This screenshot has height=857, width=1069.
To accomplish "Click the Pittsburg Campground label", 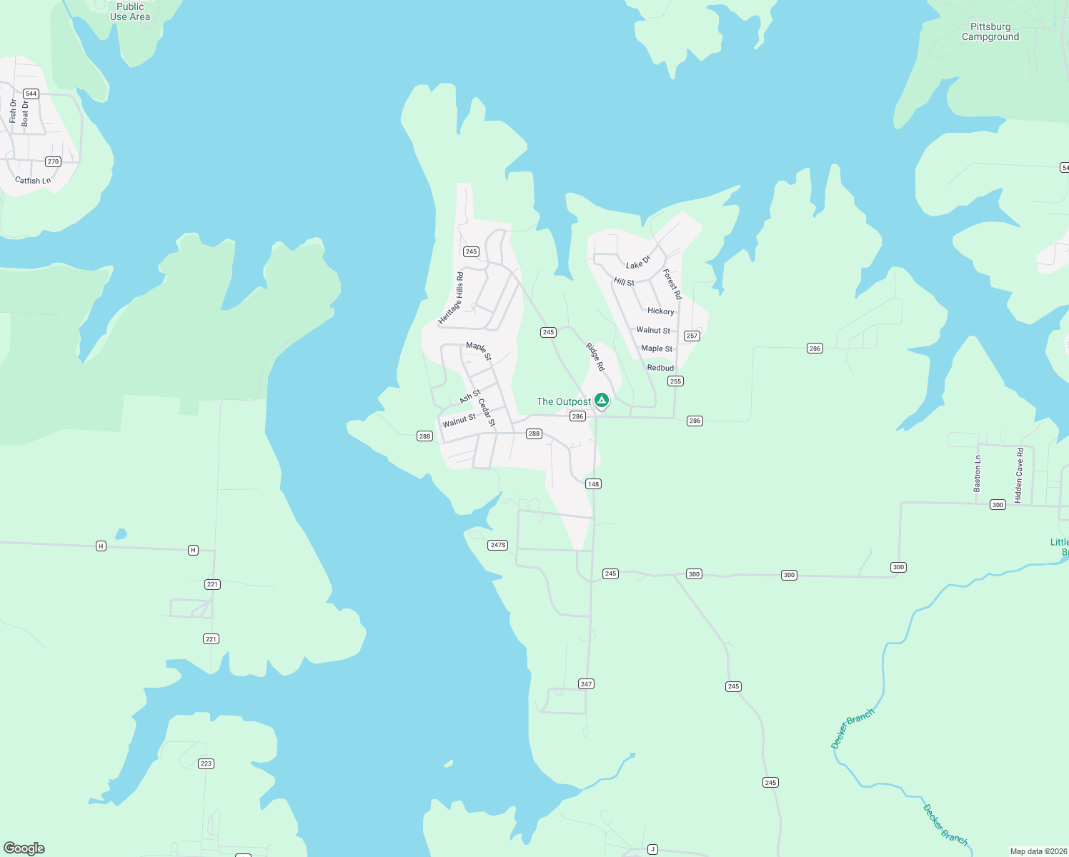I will [x=990, y=32].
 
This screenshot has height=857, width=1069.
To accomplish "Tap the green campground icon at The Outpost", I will [x=602, y=400].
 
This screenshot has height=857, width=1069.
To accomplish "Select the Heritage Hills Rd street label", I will [x=452, y=298].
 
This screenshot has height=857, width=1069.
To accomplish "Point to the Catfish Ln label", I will [x=33, y=181].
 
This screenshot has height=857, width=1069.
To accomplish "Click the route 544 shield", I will [x=31, y=94].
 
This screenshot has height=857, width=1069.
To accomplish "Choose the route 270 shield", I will [x=53, y=161].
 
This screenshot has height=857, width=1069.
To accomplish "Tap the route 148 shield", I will [x=593, y=484].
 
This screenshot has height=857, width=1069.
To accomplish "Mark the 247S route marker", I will [x=498, y=546].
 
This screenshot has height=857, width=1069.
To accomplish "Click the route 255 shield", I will [x=676, y=381].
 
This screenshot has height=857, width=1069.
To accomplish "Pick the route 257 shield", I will [x=692, y=336].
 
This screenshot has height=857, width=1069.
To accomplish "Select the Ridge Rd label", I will [x=595, y=356].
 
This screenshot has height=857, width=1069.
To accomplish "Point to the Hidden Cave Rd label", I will [x=1019, y=475].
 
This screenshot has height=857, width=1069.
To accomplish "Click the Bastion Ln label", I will [x=978, y=473].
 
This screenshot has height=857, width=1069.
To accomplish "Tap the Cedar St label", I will [x=487, y=413].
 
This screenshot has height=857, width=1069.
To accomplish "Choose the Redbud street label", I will [x=660, y=368].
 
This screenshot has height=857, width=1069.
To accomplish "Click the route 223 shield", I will [x=206, y=763].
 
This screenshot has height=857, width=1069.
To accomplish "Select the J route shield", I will [x=652, y=849].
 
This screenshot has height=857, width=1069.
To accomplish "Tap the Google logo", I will [x=24, y=848].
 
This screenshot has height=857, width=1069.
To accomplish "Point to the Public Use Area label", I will [x=130, y=11].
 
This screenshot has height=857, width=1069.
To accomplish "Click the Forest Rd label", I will [x=672, y=284].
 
